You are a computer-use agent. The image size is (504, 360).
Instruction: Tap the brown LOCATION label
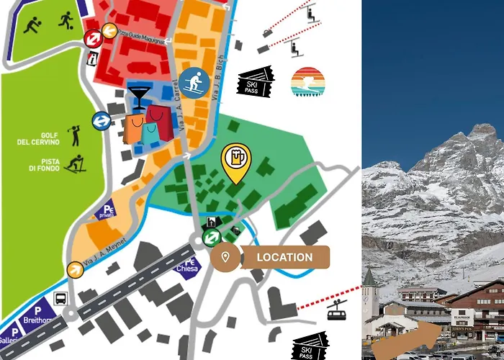coord(284,257)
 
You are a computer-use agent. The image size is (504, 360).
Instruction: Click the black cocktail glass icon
coord(138,96)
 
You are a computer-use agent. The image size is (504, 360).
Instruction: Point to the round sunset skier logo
coord(308,83)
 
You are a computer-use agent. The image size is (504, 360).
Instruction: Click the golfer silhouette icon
coord(73,135)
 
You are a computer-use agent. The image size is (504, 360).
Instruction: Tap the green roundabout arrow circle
coord(211,238)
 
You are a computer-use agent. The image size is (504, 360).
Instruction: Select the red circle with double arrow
coord(92,38)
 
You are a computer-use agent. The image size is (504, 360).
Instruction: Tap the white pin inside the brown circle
coord(225,258)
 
